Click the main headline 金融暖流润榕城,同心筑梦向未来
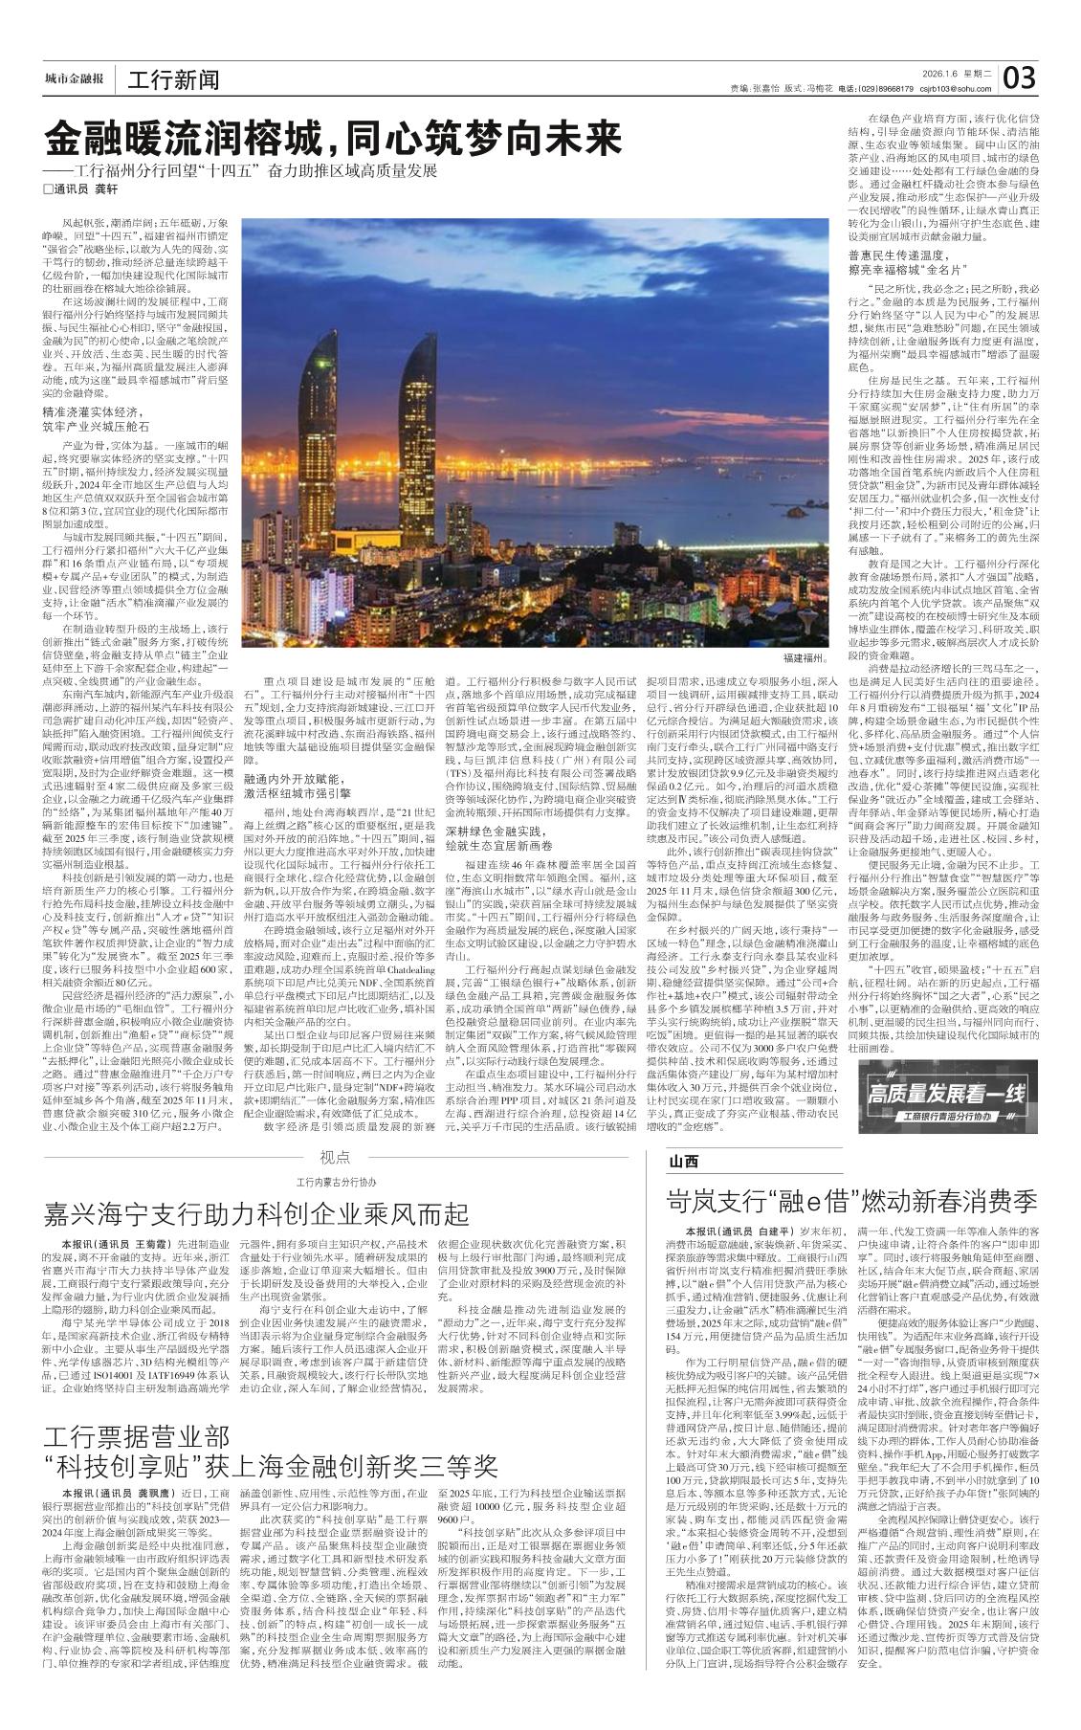pyautogui.click(x=335, y=140)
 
